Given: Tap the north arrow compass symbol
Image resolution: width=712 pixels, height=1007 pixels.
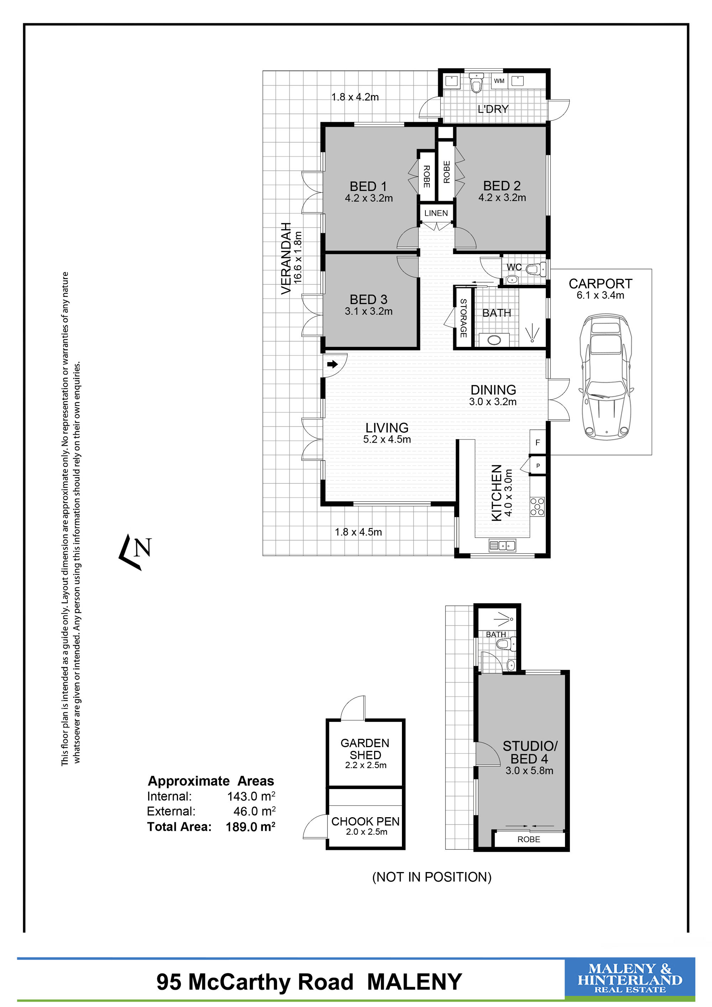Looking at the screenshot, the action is (x=135, y=552).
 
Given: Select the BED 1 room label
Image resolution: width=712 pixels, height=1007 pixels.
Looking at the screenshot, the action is (x=368, y=186).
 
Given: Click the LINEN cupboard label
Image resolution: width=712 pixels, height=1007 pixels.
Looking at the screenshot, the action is (x=436, y=213).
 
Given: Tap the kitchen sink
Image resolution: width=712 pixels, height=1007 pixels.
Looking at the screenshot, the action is (x=502, y=546).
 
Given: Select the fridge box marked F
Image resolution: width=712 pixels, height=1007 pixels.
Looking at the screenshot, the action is (x=538, y=443).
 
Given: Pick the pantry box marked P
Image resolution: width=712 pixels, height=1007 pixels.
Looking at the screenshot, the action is (x=538, y=466).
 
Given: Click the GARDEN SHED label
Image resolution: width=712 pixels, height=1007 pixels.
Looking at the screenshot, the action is (x=365, y=749).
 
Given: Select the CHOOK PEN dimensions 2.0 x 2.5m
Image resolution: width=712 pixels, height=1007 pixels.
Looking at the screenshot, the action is (x=367, y=832).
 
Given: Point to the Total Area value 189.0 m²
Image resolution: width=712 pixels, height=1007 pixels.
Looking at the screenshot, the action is (x=251, y=827).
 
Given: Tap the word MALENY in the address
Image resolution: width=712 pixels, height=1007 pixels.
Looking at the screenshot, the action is (x=415, y=982).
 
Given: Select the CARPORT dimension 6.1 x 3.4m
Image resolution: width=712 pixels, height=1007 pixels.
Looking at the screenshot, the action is (x=600, y=295).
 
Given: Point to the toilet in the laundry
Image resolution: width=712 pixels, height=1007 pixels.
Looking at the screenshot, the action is (x=476, y=82).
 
